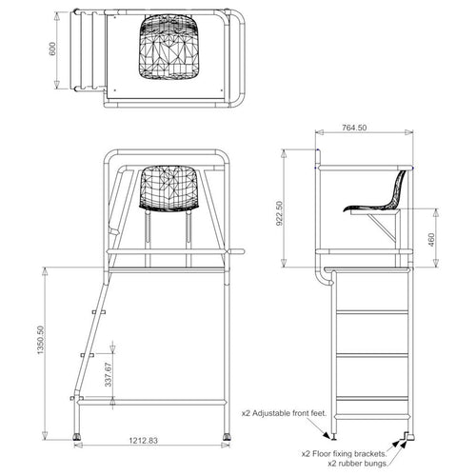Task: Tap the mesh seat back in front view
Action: point(170,188)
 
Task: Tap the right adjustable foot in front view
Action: point(227,438)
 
